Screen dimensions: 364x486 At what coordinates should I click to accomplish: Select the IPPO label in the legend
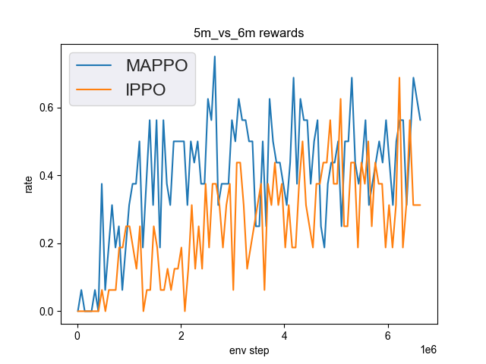click(145, 89)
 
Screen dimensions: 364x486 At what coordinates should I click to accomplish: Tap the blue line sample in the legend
click(95, 64)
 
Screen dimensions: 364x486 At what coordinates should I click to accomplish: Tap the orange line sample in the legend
click(95, 90)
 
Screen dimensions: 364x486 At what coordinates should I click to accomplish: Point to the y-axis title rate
click(29, 184)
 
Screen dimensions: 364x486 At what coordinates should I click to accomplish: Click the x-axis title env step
click(250, 351)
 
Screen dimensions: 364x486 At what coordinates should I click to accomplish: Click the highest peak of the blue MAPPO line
click(214, 56)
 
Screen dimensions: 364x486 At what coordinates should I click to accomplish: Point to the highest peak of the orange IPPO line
click(399, 77)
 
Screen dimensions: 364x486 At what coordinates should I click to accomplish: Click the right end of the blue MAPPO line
click(420, 120)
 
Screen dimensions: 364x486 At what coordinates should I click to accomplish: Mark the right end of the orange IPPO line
click(420, 205)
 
